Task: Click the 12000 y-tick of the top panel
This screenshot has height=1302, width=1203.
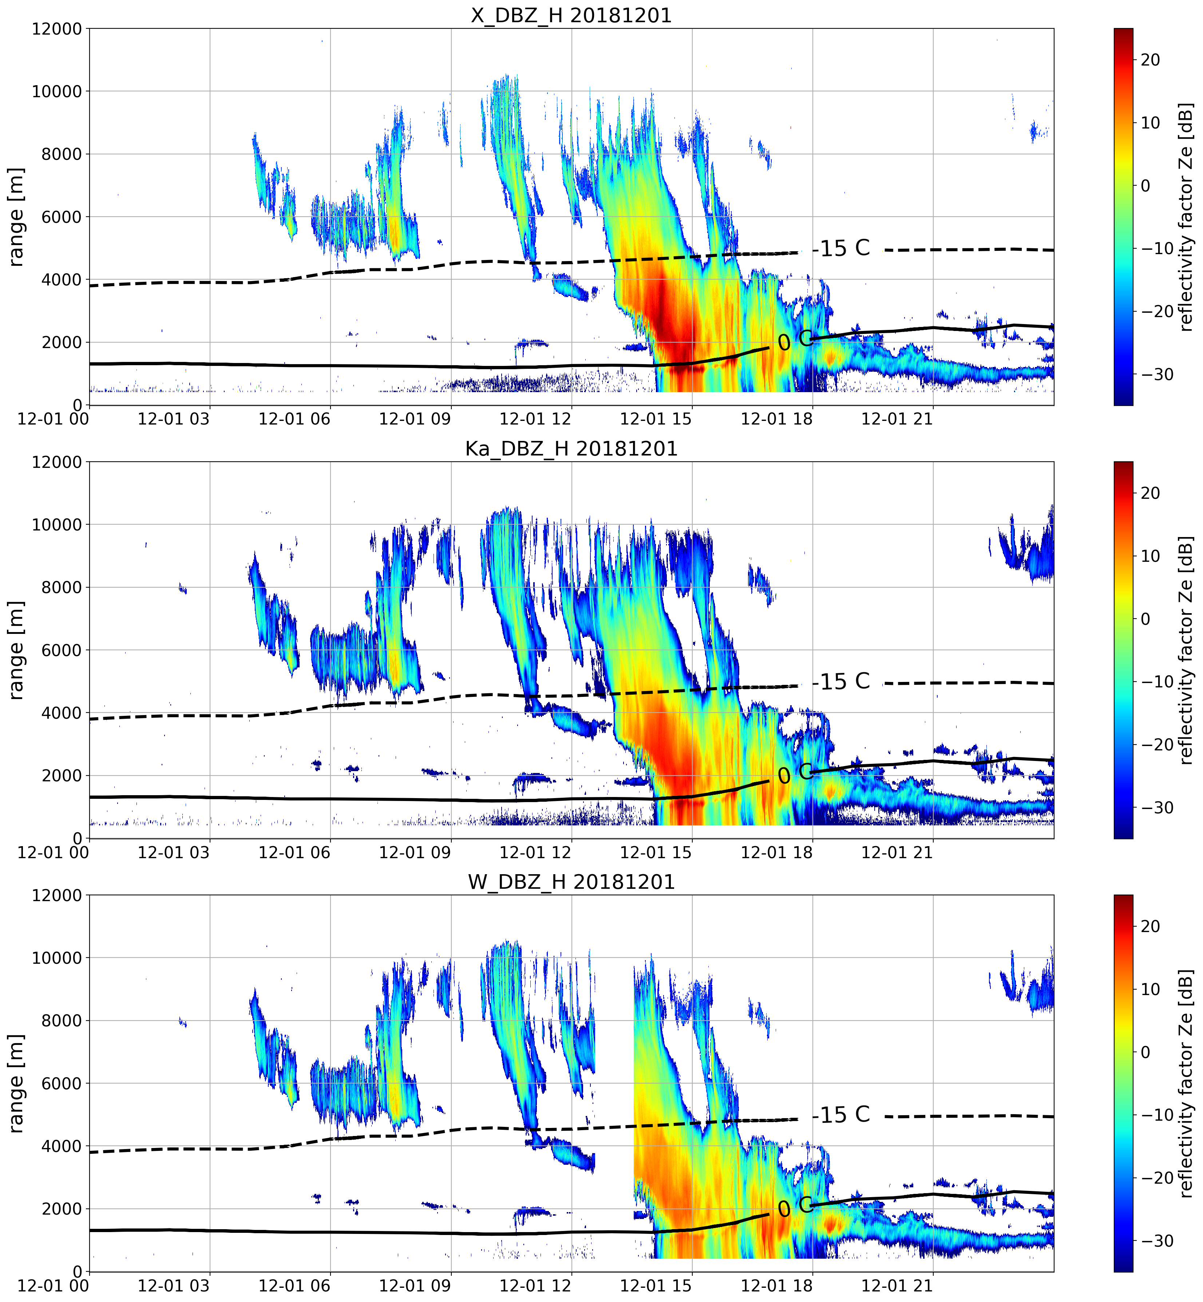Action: [57, 29]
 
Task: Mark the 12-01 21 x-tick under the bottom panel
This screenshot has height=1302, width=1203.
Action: [897, 1285]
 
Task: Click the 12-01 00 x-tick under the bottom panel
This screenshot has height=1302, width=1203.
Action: [54, 1285]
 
